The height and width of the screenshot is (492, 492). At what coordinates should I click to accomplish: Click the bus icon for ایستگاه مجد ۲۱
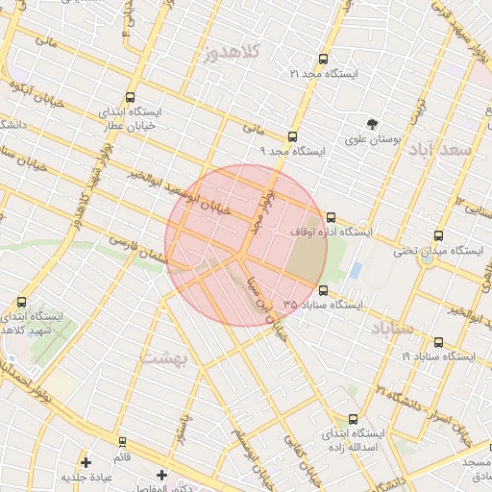(x=322, y=59)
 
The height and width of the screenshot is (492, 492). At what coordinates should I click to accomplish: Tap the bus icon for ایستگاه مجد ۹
(x=292, y=136)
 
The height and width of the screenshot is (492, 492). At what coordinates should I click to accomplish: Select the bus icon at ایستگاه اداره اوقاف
(x=332, y=217)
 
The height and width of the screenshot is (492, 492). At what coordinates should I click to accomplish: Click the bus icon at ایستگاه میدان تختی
(x=439, y=235)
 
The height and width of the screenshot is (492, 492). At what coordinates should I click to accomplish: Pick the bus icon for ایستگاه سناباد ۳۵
(x=322, y=289)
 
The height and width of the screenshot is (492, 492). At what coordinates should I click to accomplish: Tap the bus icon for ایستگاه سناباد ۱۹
(x=439, y=341)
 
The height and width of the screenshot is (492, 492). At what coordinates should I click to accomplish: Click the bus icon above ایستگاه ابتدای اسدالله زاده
(x=353, y=419)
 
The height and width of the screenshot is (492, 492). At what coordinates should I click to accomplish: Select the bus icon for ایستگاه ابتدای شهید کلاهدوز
(x=22, y=302)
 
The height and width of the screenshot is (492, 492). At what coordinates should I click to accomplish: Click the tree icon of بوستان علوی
(x=372, y=123)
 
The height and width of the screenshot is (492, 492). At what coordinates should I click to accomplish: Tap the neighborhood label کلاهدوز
(x=234, y=54)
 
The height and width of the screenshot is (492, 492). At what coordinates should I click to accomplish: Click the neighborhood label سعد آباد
(x=440, y=151)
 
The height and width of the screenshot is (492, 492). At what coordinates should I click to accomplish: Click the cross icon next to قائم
(x=86, y=462)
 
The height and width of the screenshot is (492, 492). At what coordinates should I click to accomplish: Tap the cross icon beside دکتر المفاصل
(x=161, y=475)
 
